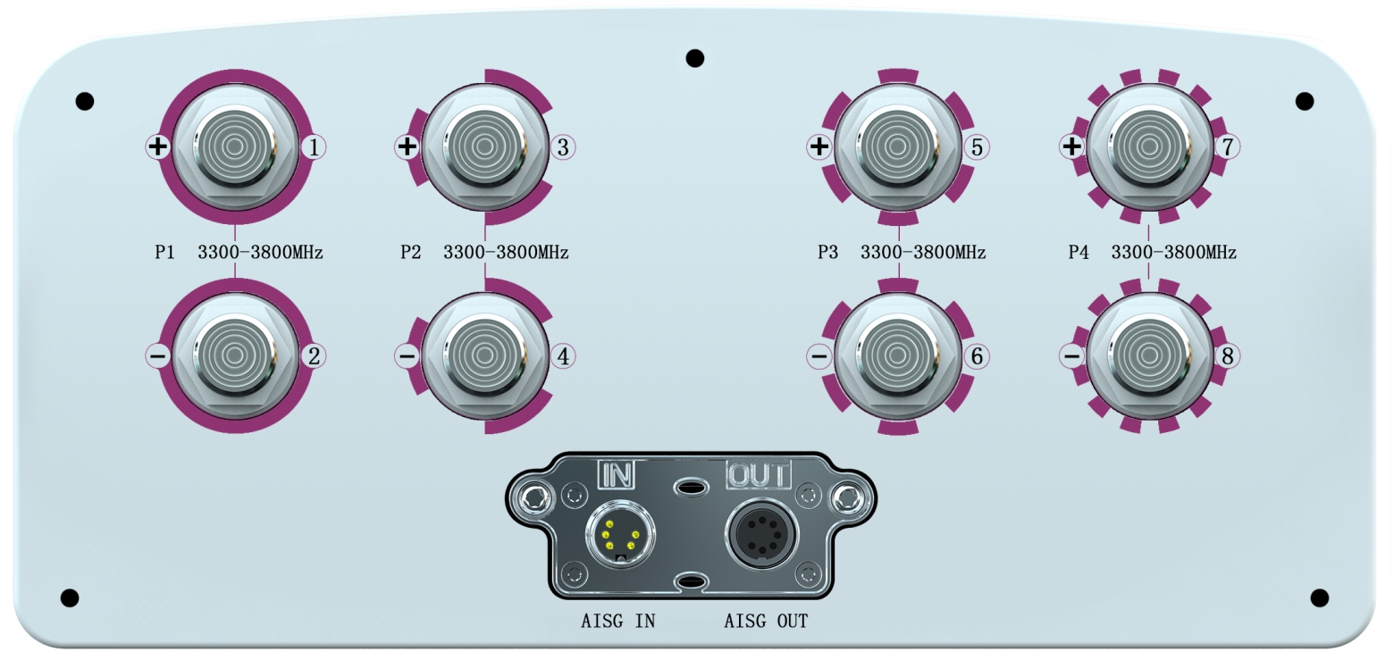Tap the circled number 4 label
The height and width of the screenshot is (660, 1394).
click(563, 356)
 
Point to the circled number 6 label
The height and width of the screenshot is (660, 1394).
click(976, 356)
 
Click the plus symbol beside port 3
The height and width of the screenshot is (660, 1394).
click(407, 147)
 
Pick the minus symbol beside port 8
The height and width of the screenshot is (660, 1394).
click(1071, 356)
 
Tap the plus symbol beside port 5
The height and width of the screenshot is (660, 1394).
click(819, 147)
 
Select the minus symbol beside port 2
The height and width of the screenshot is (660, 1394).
click(157, 356)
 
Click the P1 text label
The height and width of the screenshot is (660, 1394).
click(164, 253)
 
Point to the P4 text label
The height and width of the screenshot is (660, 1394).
click(1079, 253)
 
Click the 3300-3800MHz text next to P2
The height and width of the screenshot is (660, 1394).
click(506, 253)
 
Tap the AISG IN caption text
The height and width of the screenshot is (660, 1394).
click(617, 621)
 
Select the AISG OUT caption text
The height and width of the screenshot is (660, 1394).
click(766, 621)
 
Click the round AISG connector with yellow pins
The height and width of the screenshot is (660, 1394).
click(619, 536)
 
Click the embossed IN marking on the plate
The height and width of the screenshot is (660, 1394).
click(616, 474)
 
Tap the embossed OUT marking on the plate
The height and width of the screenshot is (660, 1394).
click(759, 474)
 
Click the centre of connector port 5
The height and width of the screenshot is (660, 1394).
click(897, 146)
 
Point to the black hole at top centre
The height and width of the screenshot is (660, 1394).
click(694, 58)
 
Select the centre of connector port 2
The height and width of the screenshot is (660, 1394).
click(235, 355)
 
